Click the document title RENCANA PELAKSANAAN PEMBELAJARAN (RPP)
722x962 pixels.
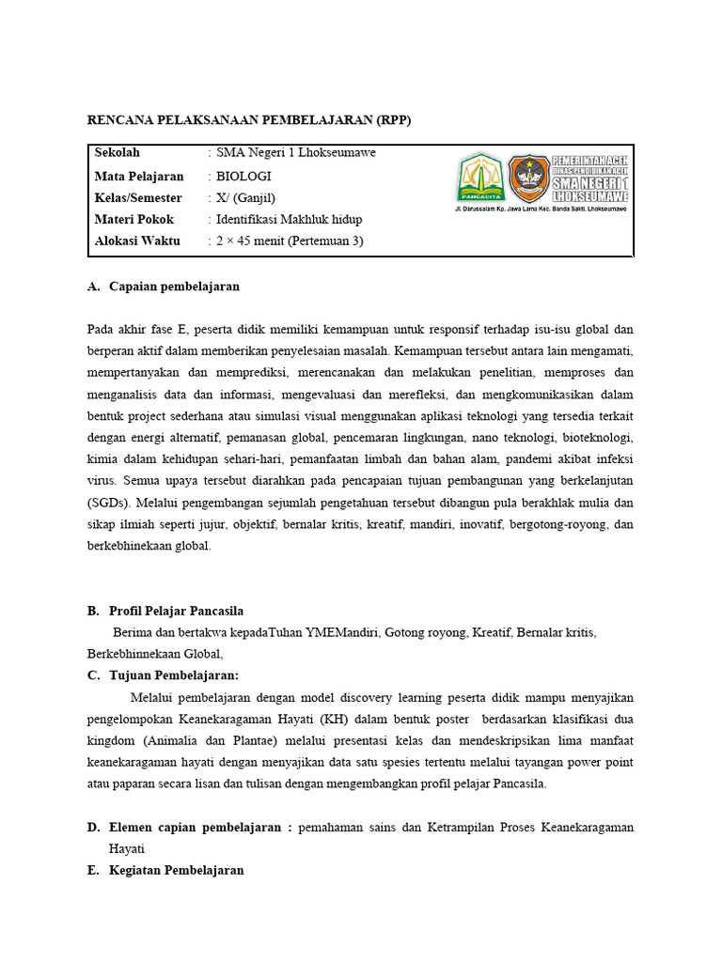point(249,120)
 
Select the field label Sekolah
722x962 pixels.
point(117,153)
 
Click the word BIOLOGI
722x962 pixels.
point(243,176)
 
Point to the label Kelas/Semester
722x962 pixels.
point(139,197)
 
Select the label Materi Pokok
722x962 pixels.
point(134,219)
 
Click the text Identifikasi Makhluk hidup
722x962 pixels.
point(289,219)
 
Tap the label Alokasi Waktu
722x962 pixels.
point(136,241)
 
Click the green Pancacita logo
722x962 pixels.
point(480,178)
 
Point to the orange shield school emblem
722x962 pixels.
point(529,178)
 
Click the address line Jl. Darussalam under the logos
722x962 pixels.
point(541,208)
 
